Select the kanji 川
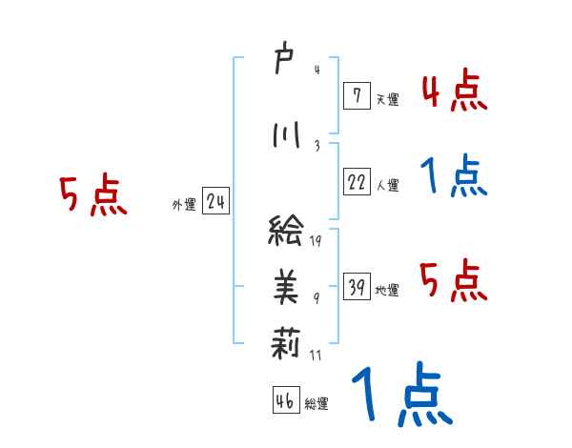click(x=285, y=134)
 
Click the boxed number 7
click(x=356, y=94)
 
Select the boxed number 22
click(x=357, y=182)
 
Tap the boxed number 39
click(x=357, y=287)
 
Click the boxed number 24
click(x=215, y=202)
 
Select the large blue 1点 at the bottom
click(x=399, y=397)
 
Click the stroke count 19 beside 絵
click(x=316, y=240)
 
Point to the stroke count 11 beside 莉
click(x=316, y=355)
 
